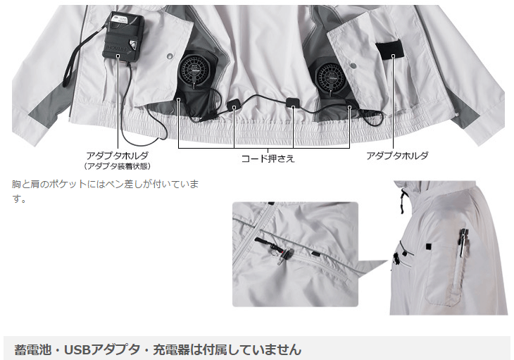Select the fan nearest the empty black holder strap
pos(331,73)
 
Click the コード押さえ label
pos(268,159)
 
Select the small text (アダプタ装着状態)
pos(117,166)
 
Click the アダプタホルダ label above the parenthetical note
pos(117,154)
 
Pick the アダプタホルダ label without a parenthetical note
pos(397,155)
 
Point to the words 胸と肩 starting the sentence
pos(27,185)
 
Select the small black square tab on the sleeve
pos(428,246)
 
